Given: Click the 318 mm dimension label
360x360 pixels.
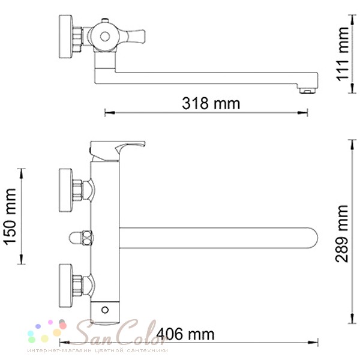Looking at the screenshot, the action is pos(211,104).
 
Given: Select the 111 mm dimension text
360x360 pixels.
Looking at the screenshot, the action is pos(343,54).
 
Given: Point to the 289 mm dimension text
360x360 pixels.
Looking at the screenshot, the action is pos(342,233).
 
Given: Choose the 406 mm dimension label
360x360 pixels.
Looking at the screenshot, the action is pos(185,334).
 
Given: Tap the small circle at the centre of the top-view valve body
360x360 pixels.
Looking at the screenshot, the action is pos(105,37).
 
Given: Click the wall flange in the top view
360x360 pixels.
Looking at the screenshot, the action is pos(65,37).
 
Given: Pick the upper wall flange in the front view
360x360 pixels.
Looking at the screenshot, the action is pos(66,190).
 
